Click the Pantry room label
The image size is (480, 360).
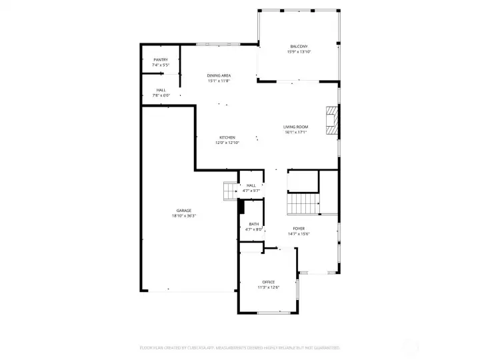pos(161,59)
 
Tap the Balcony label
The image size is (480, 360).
pos(298,46)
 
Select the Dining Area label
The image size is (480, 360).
pos(219,76)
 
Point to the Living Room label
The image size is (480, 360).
pos(295,127)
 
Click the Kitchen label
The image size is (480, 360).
pos(227,137)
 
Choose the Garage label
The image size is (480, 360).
pos(184,210)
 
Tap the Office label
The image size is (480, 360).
pos(268,282)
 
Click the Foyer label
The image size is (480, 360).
pos(299,228)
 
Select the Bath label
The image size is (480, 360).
pos(254,224)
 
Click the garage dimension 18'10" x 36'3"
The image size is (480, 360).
pos(184,215)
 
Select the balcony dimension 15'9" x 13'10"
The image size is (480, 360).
pos(299,51)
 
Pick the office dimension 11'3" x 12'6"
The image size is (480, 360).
pos(268,287)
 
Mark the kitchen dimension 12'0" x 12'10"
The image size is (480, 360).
pos(227,143)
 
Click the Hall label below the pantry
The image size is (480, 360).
pos(161,90)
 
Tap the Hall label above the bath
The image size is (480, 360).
pos(251,185)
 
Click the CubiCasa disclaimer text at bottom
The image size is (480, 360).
pos(239,347)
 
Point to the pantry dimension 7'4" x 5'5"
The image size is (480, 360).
pos(161,65)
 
